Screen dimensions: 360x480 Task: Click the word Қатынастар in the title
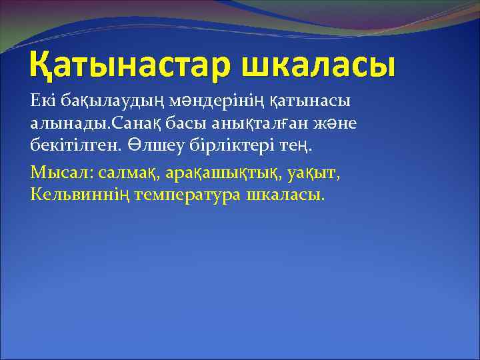125,66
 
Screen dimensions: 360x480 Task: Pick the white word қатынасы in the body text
312,101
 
